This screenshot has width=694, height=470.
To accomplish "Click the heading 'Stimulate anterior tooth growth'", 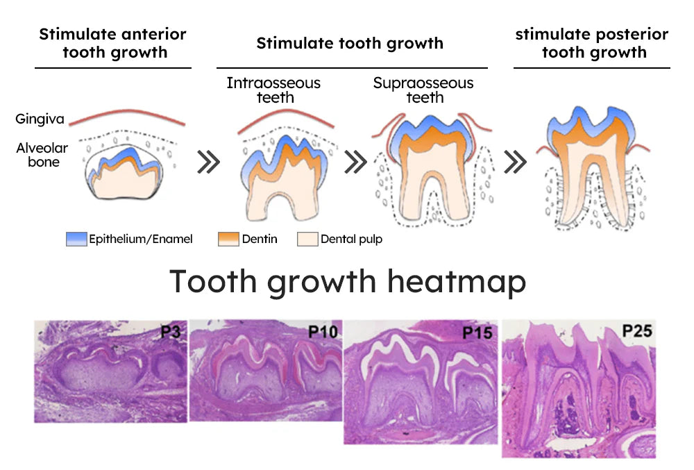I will pyautogui.click(x=113, y=43).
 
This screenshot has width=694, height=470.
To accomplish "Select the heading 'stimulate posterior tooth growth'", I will pyautogui.click(x=591, y=43).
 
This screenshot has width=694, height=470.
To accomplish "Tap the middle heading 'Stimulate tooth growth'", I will pyautogui.click(x=350, y=43).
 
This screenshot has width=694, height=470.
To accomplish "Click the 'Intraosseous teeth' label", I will pyautogui.click(x=273, y=90).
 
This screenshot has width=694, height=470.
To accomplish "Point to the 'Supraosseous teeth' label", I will pyautogui.click(x=423, y=90).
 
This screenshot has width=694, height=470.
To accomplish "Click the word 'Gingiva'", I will pyautogui.click(x=40, y=119).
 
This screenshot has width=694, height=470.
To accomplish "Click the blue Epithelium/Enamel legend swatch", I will pyautogui.click(x=76, y=240).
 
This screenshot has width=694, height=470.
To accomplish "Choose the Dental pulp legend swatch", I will pyautogui.click(x=307, y=240).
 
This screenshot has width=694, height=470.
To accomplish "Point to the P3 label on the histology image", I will pyautogui.click(x=171, y=332).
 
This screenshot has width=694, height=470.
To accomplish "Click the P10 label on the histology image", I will pyautogui.click(x=323, y=333).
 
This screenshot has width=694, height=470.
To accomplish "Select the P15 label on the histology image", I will pyautogui.click(x=477, y=333).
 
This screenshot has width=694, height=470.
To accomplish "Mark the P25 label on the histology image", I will pyautogui.click(x=636, y=331).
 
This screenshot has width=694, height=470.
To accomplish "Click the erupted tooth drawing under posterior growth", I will pyautogui.click(x=593, y=167).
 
